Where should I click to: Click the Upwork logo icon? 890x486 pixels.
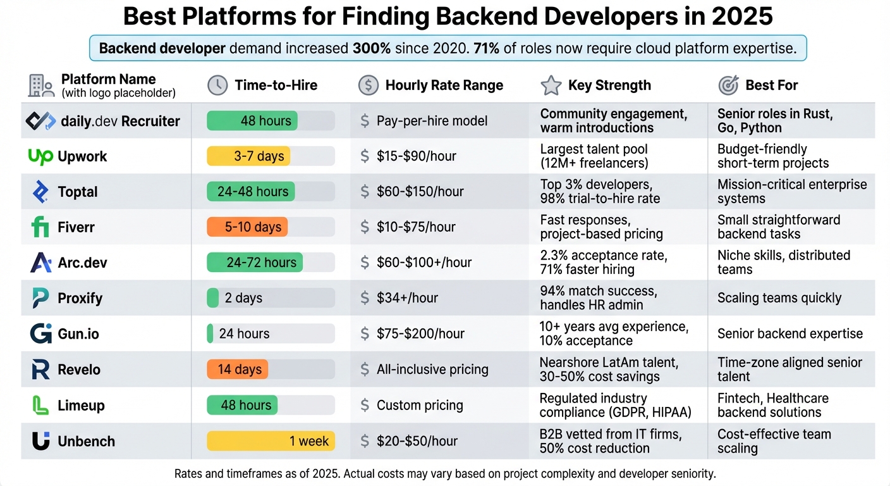point(40,156)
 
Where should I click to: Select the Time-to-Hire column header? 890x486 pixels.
point(276,85)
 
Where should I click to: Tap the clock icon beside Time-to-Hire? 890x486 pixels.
point(217,85)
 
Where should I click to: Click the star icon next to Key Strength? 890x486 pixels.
point(551,85)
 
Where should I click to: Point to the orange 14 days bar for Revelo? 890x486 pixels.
point(238,370)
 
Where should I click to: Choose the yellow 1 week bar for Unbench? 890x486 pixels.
point(271,441)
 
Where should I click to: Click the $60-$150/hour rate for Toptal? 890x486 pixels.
point(420,192)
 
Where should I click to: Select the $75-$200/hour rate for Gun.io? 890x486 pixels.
point(420,333)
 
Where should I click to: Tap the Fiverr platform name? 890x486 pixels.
point(76,227)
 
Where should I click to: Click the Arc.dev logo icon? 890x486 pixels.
point(40,263)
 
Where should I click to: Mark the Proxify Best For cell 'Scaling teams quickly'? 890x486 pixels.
point(779,298)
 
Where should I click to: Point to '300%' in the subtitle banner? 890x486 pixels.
point(371,48)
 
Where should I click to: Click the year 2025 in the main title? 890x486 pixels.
point(741,16)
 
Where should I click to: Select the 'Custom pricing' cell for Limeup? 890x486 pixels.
point(420,405)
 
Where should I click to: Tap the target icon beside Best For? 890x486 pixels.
point(729,85)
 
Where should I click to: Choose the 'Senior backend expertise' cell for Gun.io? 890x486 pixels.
point(789,333)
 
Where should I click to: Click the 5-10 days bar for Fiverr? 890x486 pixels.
point(247,227)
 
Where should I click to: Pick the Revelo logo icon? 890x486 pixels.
point(40,370)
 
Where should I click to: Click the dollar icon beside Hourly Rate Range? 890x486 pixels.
point(368,85)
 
